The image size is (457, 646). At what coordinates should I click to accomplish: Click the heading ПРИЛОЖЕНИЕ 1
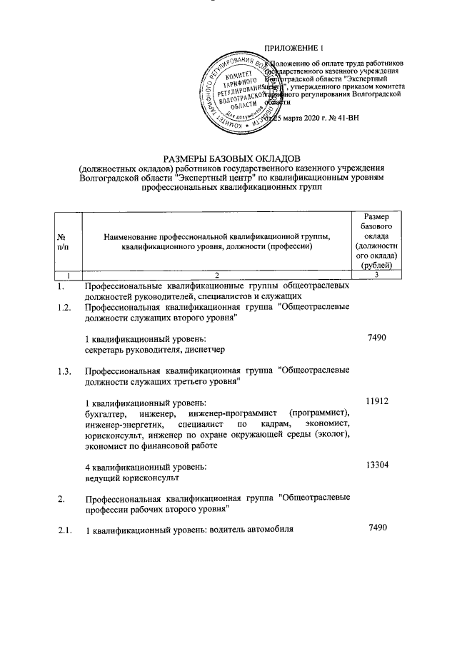[294, 48]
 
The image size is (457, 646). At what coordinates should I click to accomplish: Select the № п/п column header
[63, 242]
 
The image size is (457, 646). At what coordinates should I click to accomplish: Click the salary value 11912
[376, 402]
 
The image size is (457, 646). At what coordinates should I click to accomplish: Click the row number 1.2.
[65, 308]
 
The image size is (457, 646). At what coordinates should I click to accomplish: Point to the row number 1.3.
[65, 371]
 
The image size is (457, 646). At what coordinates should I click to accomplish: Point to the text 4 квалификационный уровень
[145, 466]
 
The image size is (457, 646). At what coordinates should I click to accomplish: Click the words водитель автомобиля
[252, 530]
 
